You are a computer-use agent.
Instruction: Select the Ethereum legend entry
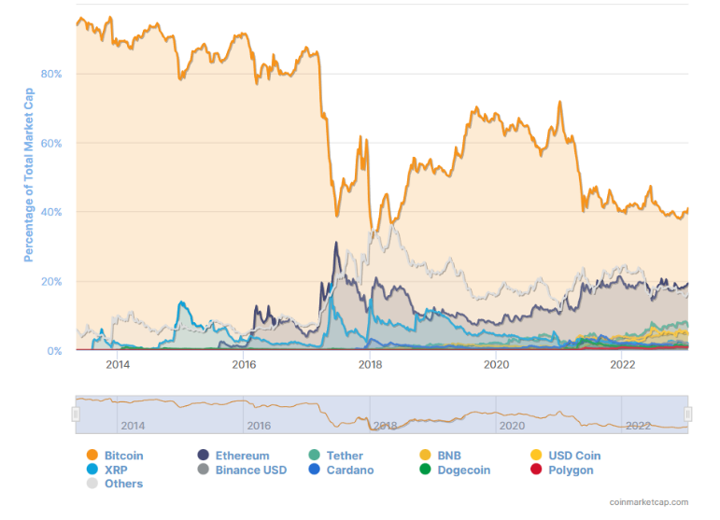(242, 456)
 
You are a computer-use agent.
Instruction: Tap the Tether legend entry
(345, 456)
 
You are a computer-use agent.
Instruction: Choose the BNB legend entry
(449, 456)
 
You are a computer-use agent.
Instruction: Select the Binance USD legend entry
(250, 470)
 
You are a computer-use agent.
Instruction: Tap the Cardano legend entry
(349, 470)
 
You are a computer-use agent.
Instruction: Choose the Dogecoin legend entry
(463, 470)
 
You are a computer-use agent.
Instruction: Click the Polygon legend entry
(571, 470)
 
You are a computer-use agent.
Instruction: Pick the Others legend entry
(123, 484)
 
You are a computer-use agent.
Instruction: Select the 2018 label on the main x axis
(370, 364)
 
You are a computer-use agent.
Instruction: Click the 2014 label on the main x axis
(118, 364)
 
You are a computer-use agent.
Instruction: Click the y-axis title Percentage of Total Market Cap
(29, 175)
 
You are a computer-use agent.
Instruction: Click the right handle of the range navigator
(688, 415)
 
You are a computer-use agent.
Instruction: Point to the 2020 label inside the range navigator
(512, 426)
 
